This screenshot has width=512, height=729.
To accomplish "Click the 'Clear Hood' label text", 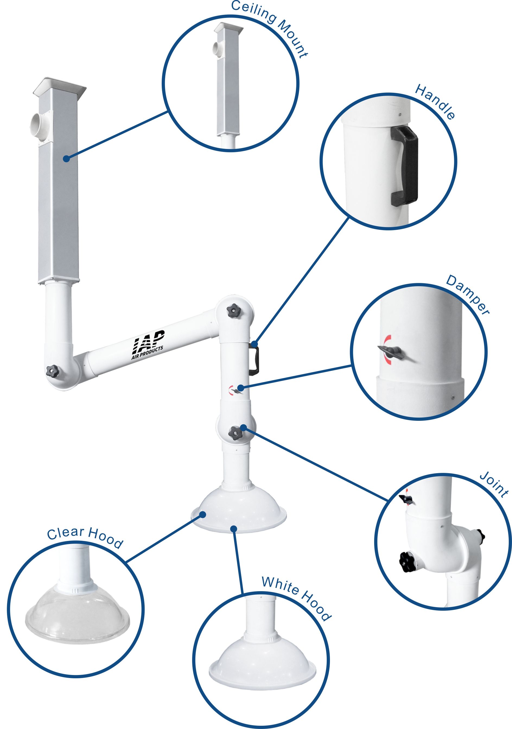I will [85, 537].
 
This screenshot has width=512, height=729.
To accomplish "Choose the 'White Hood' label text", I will [296, 599].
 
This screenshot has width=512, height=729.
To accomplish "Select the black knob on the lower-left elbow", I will [52, 371].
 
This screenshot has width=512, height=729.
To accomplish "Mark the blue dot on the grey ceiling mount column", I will [66, 158].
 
